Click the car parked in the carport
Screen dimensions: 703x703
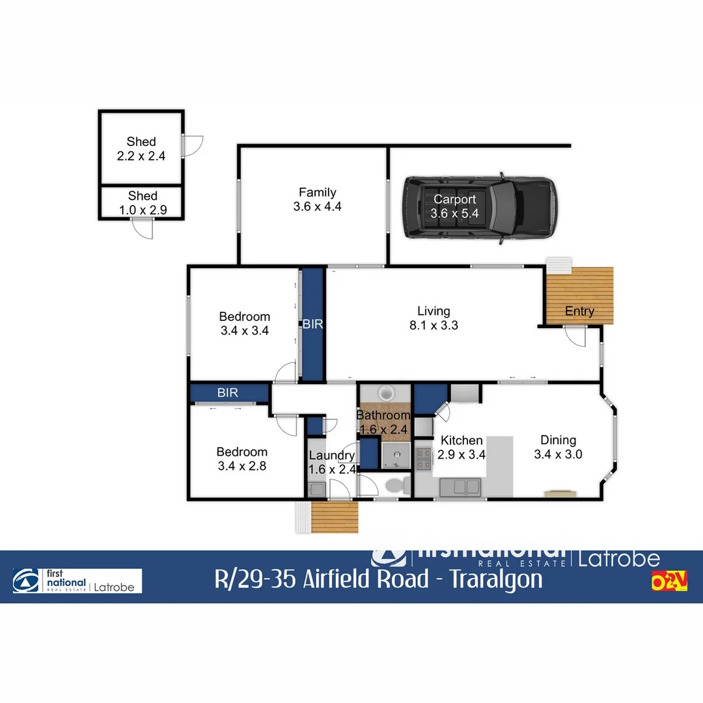point(480,208)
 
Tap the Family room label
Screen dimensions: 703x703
point(318,192)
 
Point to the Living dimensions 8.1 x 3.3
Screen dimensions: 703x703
point(434,325)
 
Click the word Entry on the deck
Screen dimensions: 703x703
point(579,311)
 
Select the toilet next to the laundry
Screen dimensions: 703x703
point(396,485)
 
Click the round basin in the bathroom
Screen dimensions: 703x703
point(387,393)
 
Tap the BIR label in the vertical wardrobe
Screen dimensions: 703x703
point(313,324)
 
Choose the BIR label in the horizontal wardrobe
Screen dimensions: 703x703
point(228,393)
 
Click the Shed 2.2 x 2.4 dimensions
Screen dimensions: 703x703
point(141,156)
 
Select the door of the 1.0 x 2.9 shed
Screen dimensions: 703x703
point(143,228)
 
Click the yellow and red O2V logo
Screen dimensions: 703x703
point(669,581)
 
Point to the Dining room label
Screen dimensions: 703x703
point(558,440)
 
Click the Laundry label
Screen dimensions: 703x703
point(332,456)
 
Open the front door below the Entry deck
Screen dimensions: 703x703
point(575,336)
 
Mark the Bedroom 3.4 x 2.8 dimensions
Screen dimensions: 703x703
point(242,466)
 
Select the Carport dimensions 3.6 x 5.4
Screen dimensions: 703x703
point(455,214)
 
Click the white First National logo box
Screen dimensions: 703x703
point(77,581)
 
